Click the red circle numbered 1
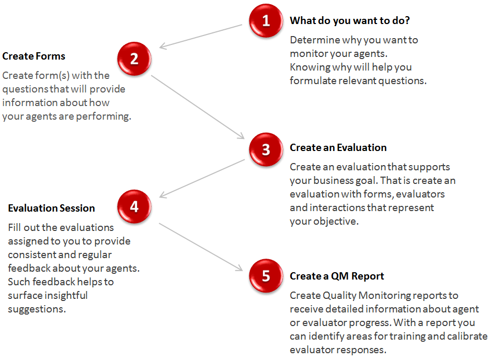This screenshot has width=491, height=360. (266, 21)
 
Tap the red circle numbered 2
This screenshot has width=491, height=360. (134, 59)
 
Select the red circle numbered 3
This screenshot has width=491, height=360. (266, 149)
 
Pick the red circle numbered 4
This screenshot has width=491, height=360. (134, 206)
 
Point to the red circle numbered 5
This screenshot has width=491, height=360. (266, 275)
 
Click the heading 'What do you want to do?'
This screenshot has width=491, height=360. (350, 21)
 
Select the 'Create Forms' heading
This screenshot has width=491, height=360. (33, 56)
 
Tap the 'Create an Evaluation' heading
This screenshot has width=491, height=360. (338, 148)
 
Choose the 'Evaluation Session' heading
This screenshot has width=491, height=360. (51, 208)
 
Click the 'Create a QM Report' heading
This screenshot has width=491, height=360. (337, 276)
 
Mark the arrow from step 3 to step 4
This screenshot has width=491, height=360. (202, 178)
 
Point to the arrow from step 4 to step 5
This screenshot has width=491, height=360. (201, 247)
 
